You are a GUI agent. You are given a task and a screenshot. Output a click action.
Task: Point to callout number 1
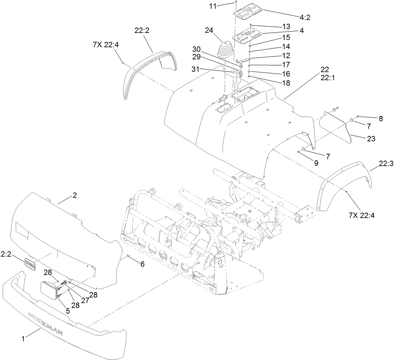pos(23,339)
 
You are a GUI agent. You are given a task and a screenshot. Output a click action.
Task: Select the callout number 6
pos(142,264)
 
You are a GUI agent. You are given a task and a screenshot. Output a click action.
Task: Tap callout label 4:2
pos(303,17)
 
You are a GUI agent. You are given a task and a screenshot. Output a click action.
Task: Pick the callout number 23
pos(371,138)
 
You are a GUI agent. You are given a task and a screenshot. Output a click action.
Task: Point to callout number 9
pos(316,163)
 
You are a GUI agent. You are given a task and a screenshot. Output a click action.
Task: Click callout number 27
pos(85,301)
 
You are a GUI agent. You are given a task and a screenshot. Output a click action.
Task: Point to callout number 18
pos(287,82)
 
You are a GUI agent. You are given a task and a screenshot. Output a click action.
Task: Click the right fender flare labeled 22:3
pos(347,188)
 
